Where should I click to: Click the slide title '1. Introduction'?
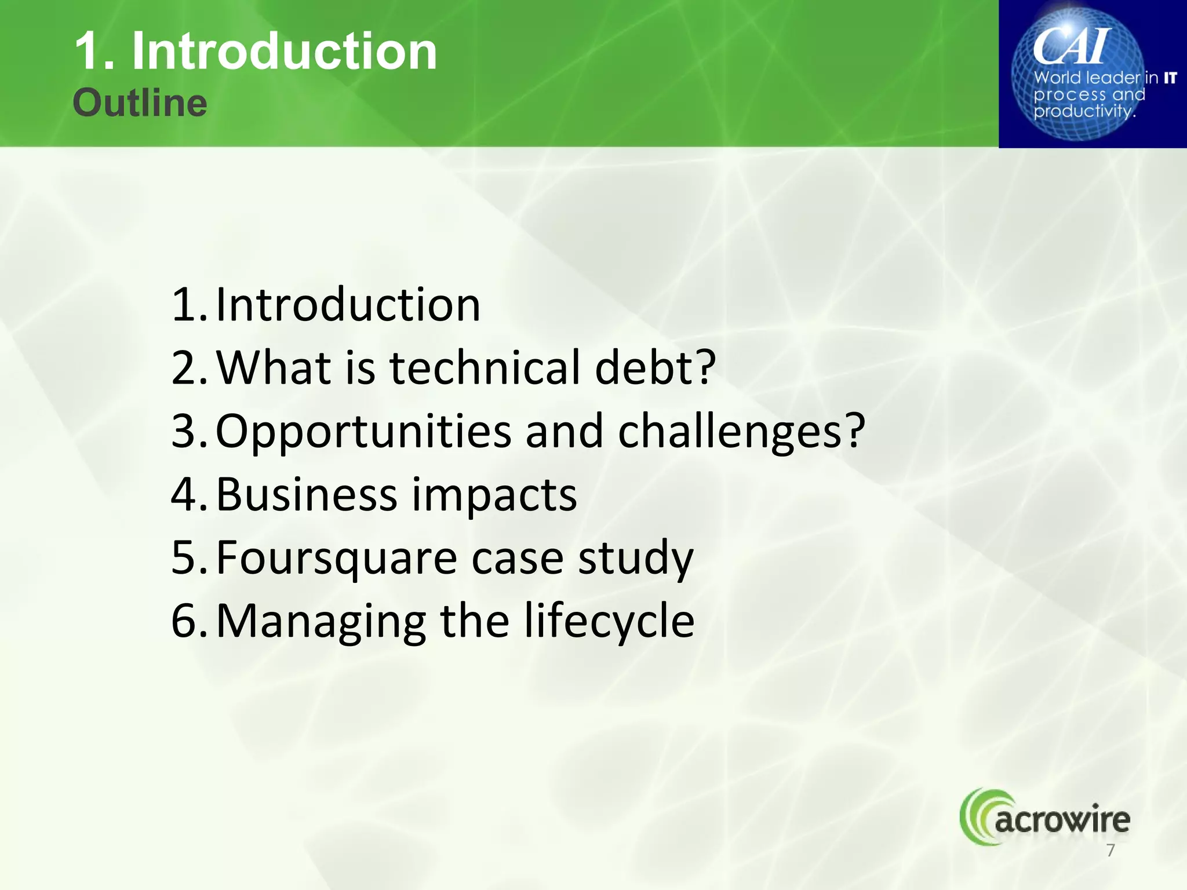256,52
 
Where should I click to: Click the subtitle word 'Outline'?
140,103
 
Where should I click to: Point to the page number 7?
1110,851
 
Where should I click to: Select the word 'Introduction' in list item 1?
348,305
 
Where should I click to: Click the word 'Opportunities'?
363,432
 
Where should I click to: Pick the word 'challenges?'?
741,432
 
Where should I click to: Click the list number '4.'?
188,495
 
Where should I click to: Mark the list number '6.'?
188,621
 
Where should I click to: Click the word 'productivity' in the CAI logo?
1083,111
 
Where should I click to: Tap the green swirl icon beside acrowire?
977,816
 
